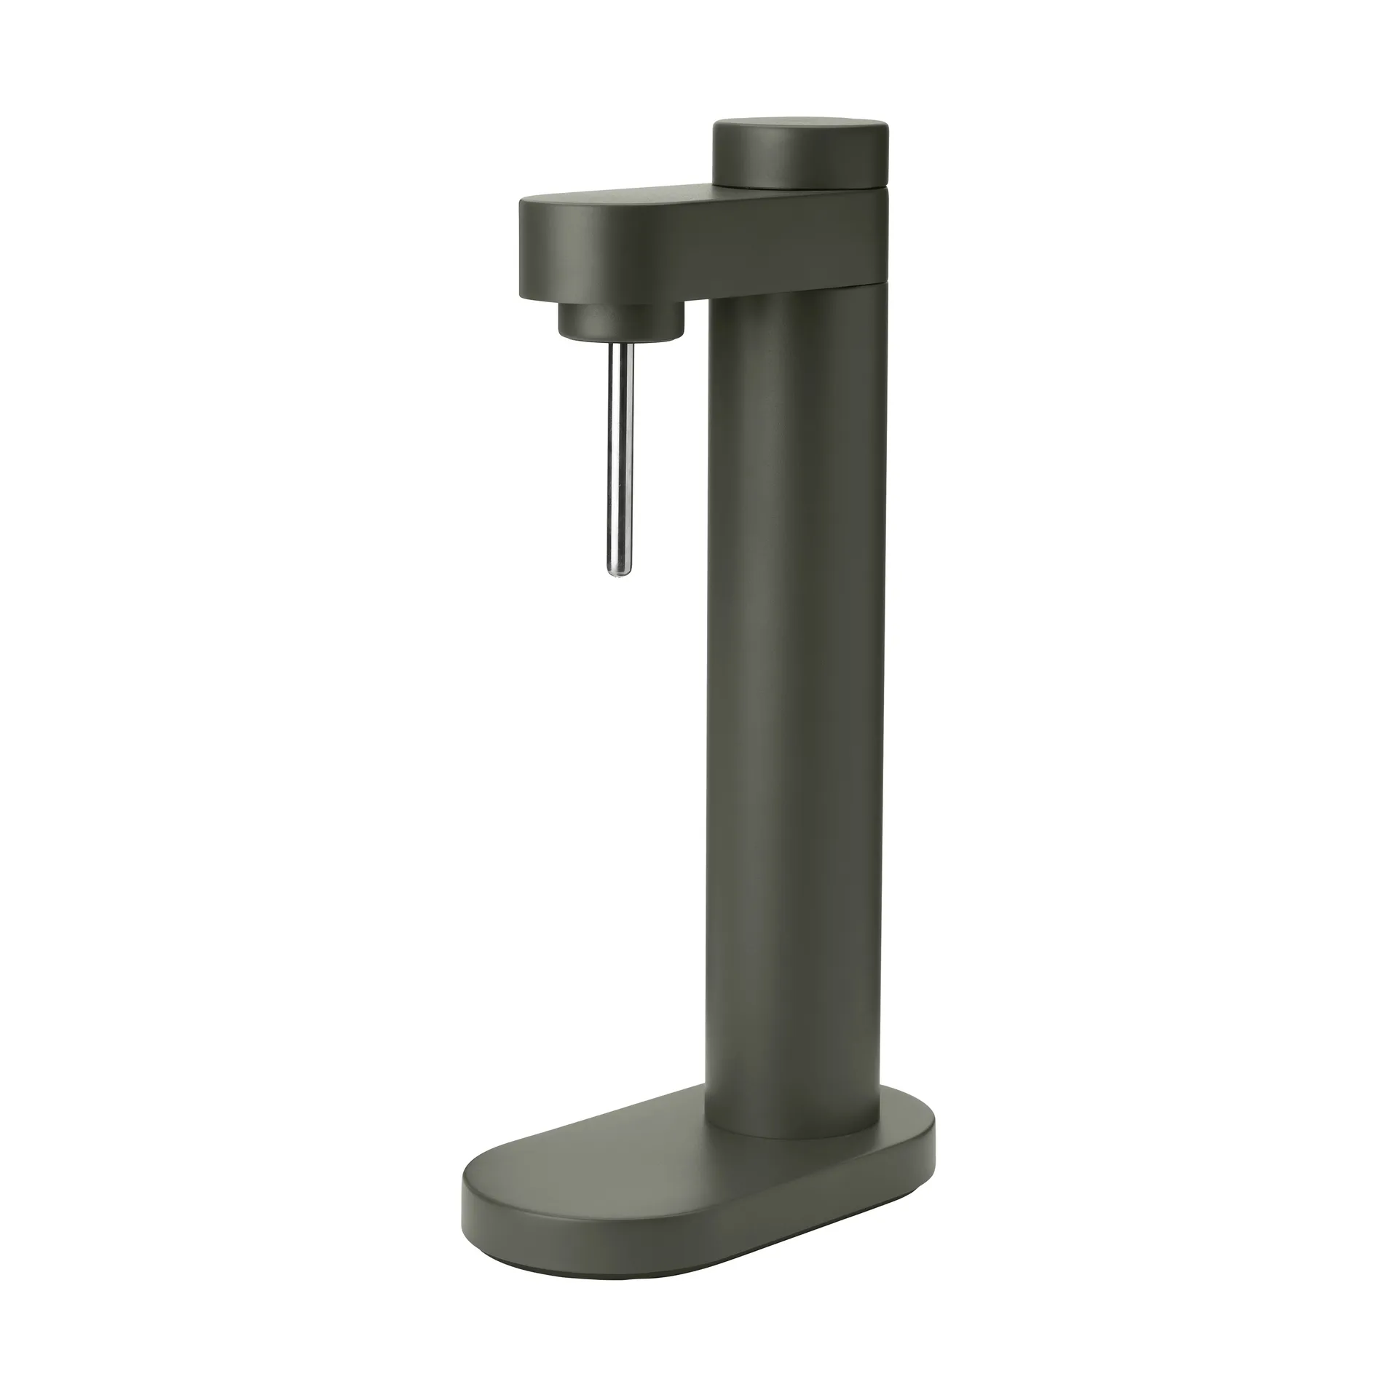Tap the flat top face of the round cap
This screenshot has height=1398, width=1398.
pos(801,130)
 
